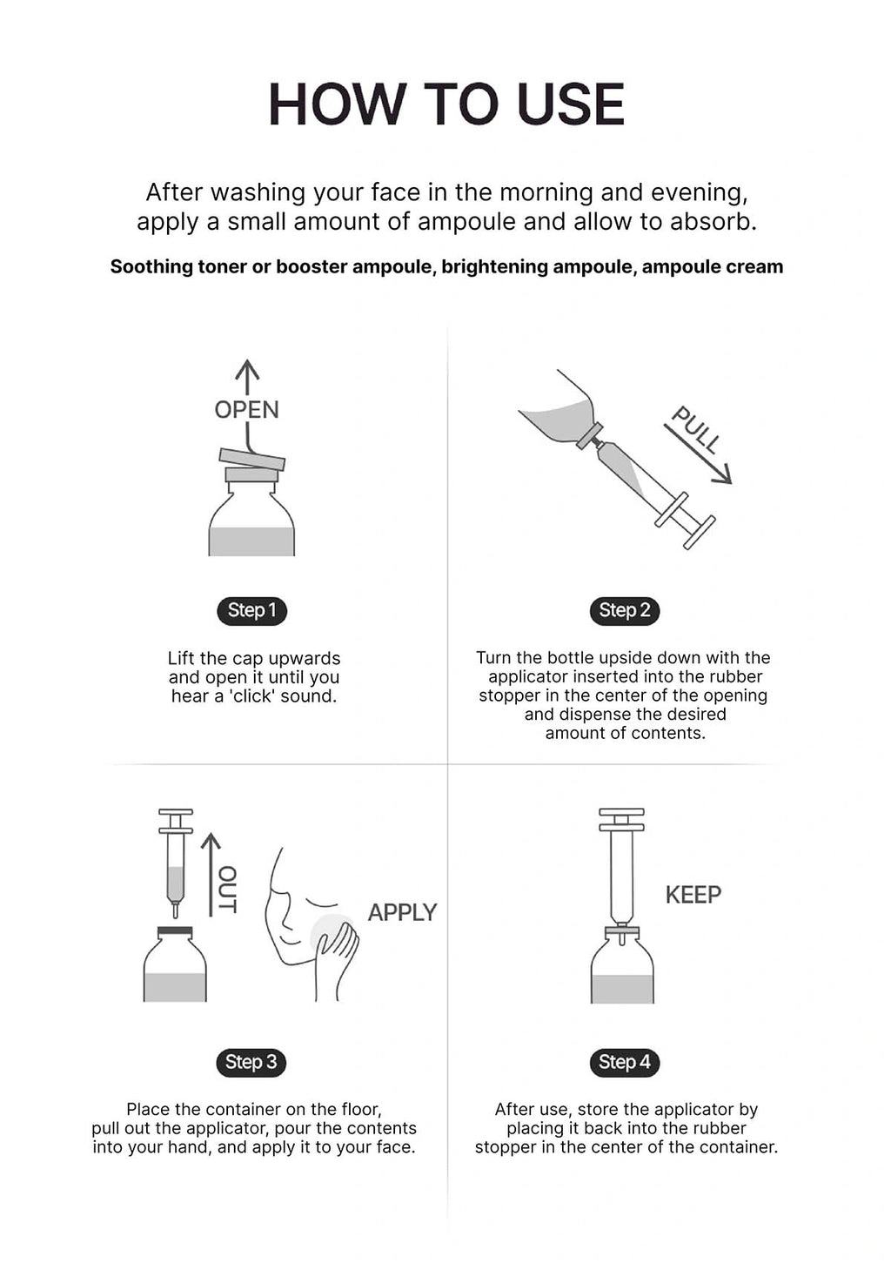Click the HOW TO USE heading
click(446, 104)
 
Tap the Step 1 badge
click(252, 611)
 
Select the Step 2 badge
click(625, 611)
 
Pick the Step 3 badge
click(251, 1062)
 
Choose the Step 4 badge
click(625, 1062)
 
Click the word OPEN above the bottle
click(247, 410)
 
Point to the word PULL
click(697, 430)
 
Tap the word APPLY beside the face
click(402, 912)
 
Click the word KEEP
click(693, 894)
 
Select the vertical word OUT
click(227, 890)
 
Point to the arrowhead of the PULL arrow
click(722, 474)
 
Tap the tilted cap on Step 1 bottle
click(252, 459)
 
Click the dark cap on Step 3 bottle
click(175, 931)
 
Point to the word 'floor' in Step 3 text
click(361, 1110)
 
